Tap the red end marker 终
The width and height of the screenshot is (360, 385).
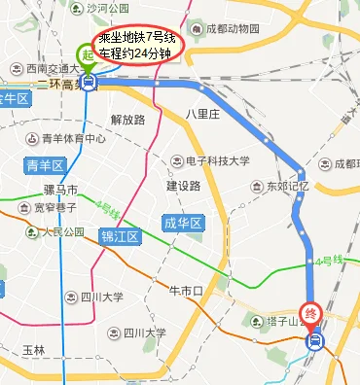coord(313,314)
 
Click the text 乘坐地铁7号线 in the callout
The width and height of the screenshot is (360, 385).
coord(136,38)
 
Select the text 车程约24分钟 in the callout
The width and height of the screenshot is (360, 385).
coord(136,52)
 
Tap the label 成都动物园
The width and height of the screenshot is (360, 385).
coord(233,29)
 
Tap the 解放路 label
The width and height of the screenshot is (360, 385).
coord(128,120)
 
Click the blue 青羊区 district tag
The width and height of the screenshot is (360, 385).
coord(45,164)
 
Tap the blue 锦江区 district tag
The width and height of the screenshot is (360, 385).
coord(122,236)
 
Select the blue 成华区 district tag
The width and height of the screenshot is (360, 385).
coord(182,224)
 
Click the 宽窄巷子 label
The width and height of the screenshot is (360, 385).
coord(55,207)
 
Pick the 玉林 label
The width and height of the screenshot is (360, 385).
coord(33,350)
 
